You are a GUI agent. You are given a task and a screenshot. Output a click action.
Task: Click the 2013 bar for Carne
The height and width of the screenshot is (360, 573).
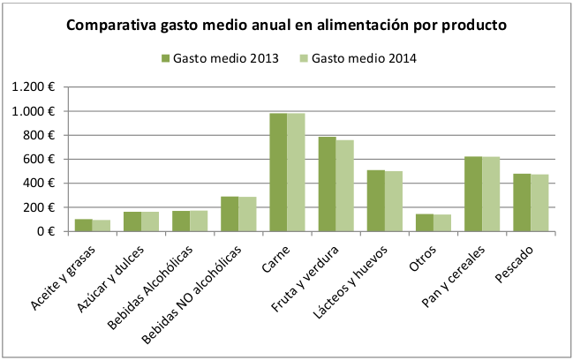[278, 172]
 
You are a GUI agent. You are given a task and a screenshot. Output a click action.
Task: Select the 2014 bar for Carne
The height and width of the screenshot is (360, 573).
[295, 172]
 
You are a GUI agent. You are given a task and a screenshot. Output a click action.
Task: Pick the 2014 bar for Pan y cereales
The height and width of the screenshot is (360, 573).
[491, 194]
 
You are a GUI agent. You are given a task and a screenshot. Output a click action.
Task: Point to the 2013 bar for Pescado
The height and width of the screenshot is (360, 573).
[523, 202]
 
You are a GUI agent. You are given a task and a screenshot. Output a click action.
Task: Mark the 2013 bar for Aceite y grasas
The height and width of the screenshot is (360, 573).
[83, 225]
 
